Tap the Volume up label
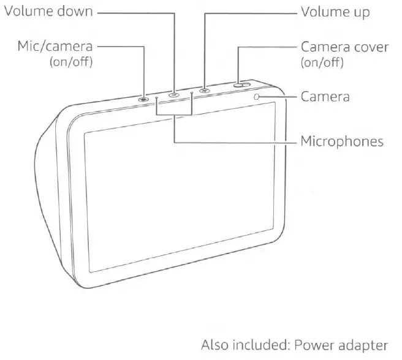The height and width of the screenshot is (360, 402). click(x=335, y=12)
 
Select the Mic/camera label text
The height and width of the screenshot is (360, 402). click(x=55, y=47)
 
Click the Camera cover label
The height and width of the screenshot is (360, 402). click(x=342, y=47)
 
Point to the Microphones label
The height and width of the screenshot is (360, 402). click(x=341, y=142)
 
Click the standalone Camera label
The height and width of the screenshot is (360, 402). click(x=325, y=97)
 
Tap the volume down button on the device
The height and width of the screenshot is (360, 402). click(x=174, y=94)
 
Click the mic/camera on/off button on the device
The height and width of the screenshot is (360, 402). click(x=143, y=98)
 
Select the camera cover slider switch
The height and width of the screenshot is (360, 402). click(x=241, y=84)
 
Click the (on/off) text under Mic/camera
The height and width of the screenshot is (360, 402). click(x=70, y=62)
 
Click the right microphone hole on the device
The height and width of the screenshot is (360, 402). click(x=192, y=93)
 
